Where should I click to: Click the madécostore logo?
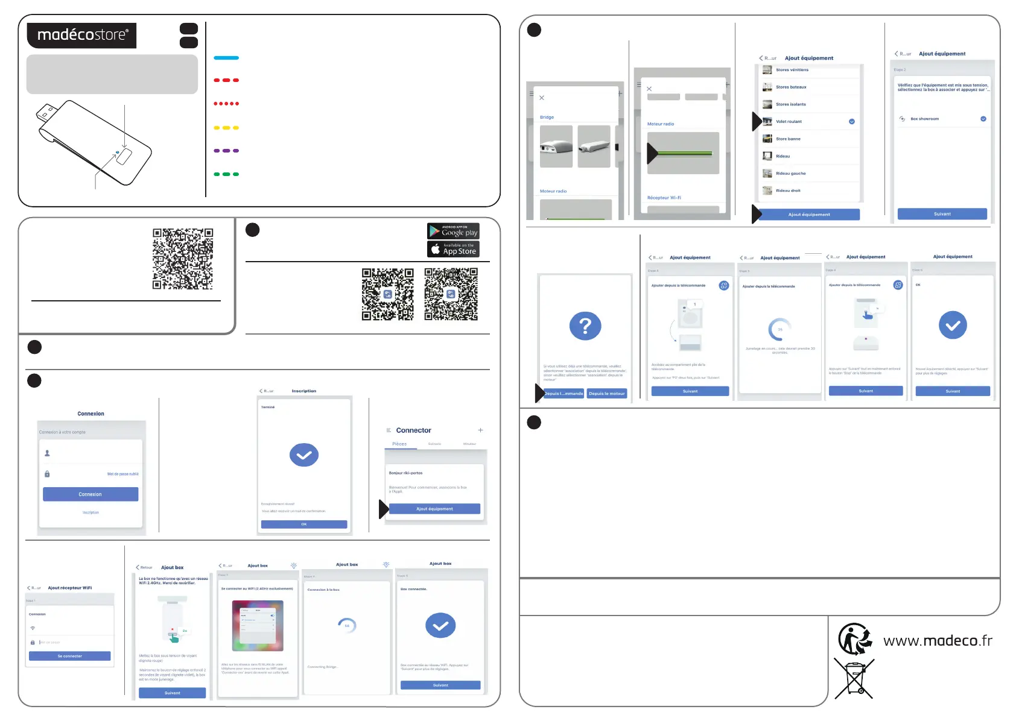click(x=81, y=36)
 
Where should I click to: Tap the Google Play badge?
click(x=453, y=231)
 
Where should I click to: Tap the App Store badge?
click(x=453, y=249)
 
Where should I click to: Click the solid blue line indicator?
click(x=226, y=58)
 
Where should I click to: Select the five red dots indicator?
click(x=226, y=104)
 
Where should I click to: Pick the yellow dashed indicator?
click(x=226, y=128)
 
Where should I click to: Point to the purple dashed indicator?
click(x=226, y=151)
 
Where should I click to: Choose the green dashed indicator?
click(x=226, y=174)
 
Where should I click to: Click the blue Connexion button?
click(x=90, y=494)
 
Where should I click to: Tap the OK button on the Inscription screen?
click(x=304, y=524)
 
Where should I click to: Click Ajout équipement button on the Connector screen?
click(x=434, y=509)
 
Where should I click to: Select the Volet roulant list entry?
click(x=789, y=122)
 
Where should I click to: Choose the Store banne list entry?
click(x=788, y=139)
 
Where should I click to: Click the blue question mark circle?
click(x=585, y=326)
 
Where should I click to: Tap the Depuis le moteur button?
click(x=607, y=394)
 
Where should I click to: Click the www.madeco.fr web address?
click(x=938, y=640)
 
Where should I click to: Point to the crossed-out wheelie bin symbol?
click(x=854, y=679)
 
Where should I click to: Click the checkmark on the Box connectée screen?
click(x=440, y=626)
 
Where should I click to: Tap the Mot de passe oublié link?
click(x=123, y=474)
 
